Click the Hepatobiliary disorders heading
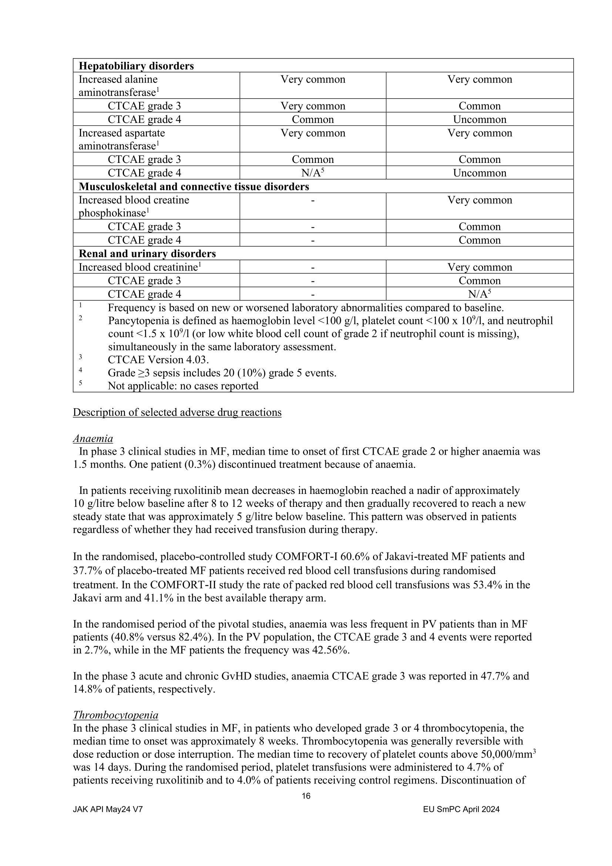pyautogui.click(x=136, y=66)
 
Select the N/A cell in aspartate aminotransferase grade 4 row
pyautogui.click(x=312, y=173)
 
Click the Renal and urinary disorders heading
pyautogui.click(x=147, y=254)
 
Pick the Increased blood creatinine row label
pyautogui.click(x=139, y=267)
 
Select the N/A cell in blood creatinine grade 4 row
pyautogui.click(x=479, y=294)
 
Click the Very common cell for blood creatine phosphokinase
pyautogui.click(x=479, y=200)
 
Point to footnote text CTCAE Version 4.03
pyautogui.click(x=158, y=360)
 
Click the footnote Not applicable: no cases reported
pyautogui.click(x=183, y=386)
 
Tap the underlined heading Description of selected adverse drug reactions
pyautogui.click(x=177, y=412)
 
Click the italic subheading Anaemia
pyautogui.click(x=93, y=439)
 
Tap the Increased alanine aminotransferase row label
pyautogui.click(x=118, y=86)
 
